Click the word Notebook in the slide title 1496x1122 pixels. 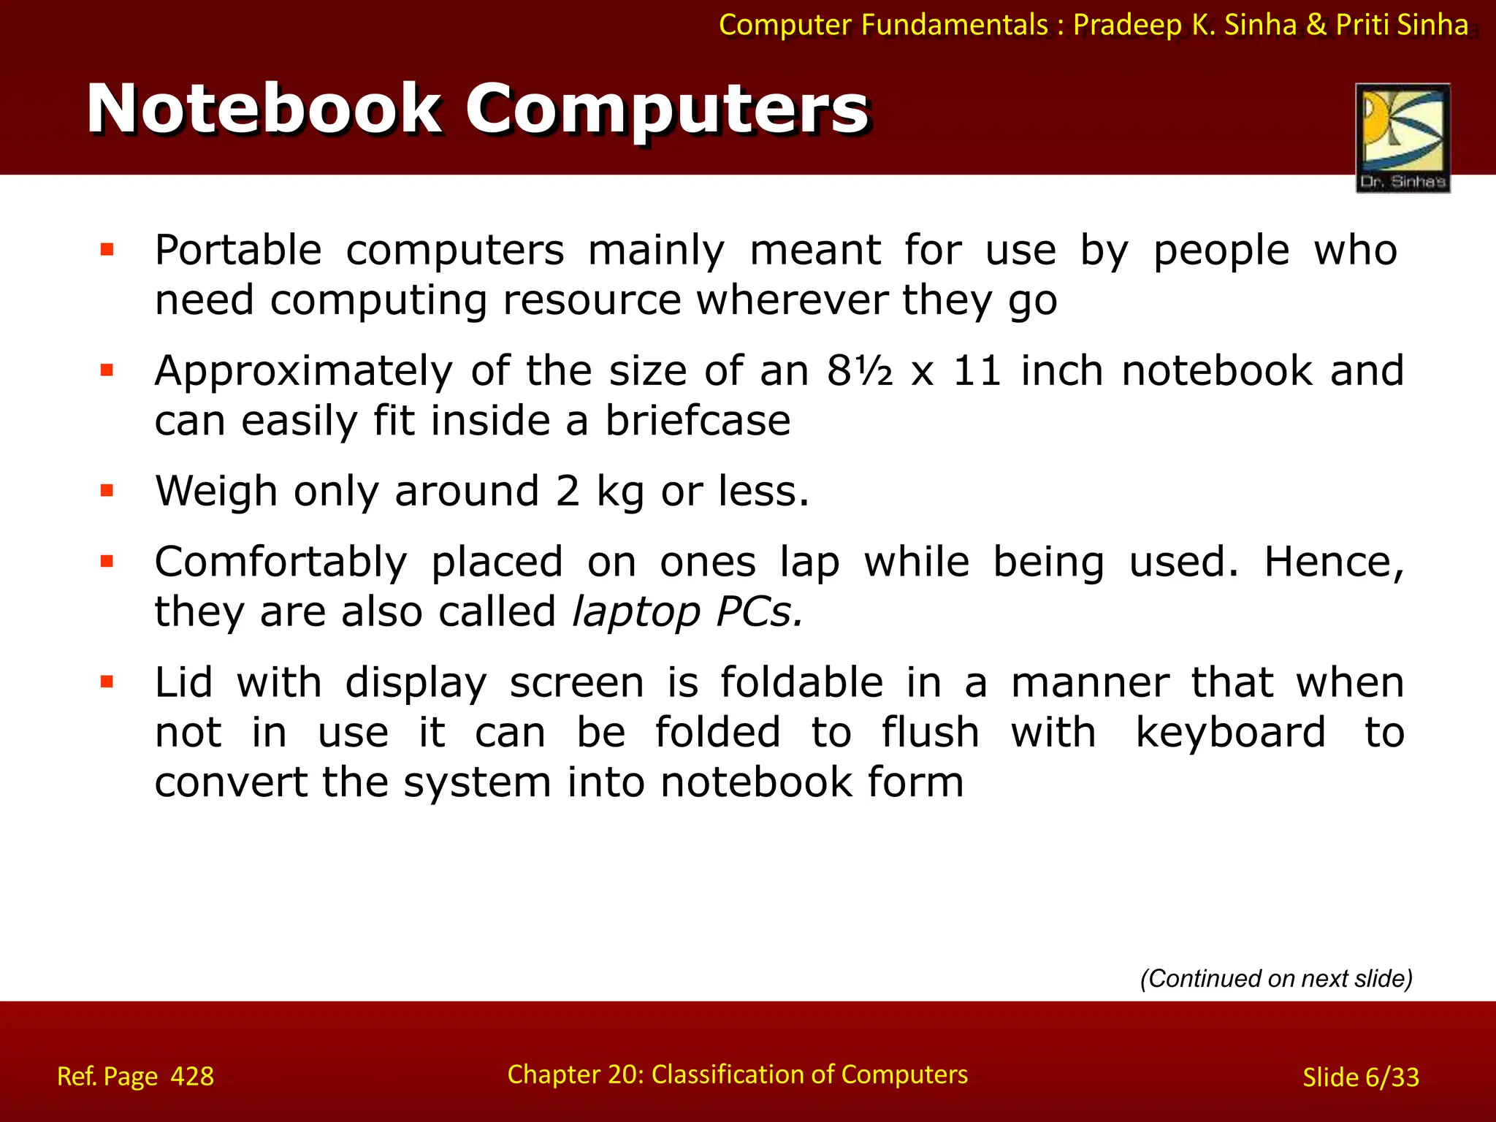tap(263, 110)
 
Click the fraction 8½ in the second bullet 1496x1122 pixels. tap(860, 371)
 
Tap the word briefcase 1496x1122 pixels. tap(698, 421)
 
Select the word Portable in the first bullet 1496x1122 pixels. tap(238, 251)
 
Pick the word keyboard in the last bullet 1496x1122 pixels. tap(1231, 733)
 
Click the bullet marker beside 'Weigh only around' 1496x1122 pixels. tap(107, 490)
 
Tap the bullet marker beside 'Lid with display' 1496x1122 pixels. tap(107, 682)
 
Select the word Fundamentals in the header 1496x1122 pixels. tap(955, 25)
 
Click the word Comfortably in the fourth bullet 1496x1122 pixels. tap(280, 562)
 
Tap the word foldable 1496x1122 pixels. tap(801, 683)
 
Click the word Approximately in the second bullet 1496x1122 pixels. tap(303, 371)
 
